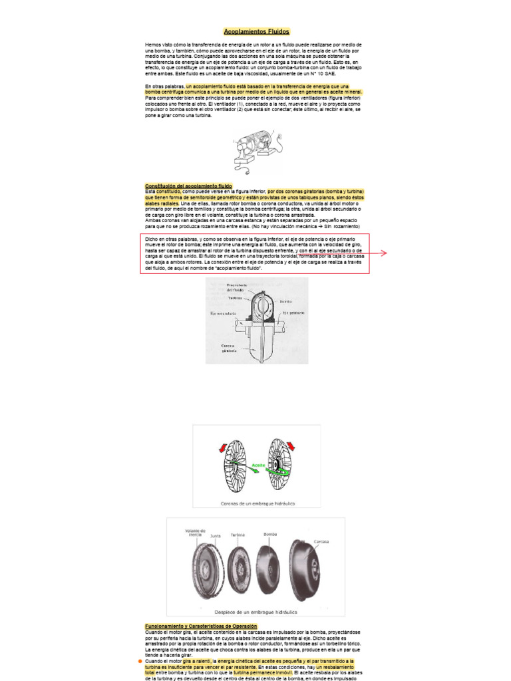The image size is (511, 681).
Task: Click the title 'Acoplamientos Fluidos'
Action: [x=256, y=31]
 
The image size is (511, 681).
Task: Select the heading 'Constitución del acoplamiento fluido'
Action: [x=188, y=185]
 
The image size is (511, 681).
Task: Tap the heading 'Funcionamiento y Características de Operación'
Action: [x=202, y=626]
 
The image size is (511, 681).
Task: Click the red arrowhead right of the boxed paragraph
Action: [x=383, y=253]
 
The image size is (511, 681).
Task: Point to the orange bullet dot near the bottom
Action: [x=140, y=662]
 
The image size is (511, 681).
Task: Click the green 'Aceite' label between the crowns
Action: [x=258, y=464]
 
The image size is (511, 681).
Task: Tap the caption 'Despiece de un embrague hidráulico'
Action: [x=256, y=611]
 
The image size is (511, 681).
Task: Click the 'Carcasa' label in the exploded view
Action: [x=322, y=541]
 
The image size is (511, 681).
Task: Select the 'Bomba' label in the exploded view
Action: [x=270, y=533]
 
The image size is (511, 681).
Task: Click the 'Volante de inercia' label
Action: [x=194, y=533]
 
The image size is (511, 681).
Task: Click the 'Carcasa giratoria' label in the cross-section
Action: [x=230, y=348]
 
